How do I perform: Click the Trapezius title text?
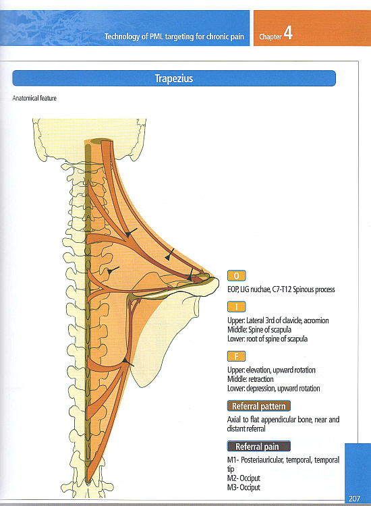(174, 78)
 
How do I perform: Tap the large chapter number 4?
(288, 32)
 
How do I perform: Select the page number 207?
(354, 499)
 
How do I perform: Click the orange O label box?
(237, 275)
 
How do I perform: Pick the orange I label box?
(237, 306)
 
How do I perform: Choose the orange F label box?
(237, 356)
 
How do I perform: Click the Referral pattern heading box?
(259, 406)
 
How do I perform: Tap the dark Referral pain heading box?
(259, 447)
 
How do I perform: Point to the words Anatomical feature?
(34, 98)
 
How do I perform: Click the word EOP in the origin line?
(233, 289)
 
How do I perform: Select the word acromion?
(316, 320)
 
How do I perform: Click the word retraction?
(260, 379)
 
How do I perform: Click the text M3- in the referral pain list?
(233, 487)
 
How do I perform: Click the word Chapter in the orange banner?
(270, 37)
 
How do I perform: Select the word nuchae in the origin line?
(260, 289)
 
